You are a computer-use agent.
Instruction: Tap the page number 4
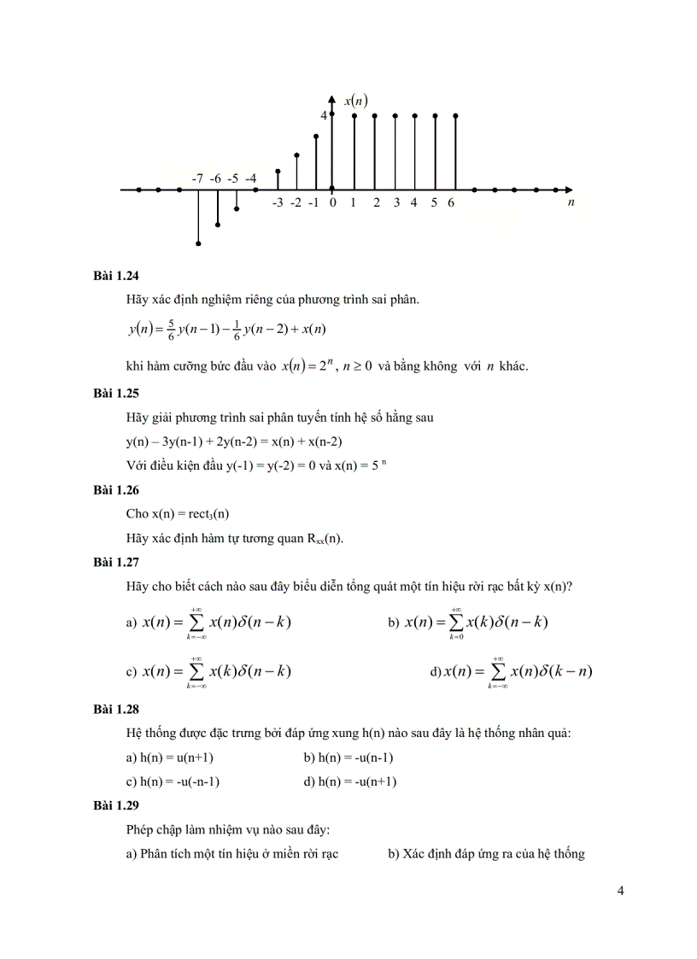[620, 892]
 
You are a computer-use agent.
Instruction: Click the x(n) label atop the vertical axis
[355, 101]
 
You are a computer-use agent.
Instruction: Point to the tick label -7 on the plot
[197, 178]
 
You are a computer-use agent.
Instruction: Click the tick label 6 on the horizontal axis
[451, 203]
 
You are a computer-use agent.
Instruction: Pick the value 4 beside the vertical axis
[324, 115]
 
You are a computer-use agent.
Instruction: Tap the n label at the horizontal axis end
[571, 203]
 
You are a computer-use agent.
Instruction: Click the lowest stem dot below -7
[199, 243]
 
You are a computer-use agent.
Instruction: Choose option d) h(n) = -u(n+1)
[349, 781]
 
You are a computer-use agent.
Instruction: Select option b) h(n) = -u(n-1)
[348, 757]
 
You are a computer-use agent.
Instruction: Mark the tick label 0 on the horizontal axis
[332, 203]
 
